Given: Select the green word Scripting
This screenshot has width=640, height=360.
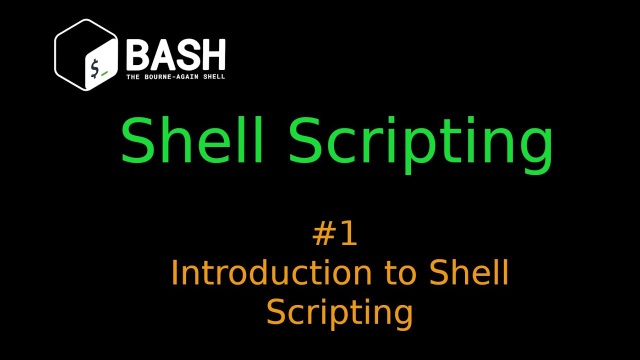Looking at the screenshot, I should tap(421, 142).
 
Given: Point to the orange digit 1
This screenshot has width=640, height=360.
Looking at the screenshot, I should tap(348, 234).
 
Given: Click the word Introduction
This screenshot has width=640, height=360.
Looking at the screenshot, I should tap(271, 273).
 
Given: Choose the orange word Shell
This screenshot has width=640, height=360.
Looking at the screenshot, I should tap(469, 273).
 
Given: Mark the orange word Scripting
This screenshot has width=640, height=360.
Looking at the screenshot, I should tap(339, 312).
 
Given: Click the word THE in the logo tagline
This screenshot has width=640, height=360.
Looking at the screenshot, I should tap(132, 77).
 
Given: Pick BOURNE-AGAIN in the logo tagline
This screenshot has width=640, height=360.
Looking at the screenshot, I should tap(169, 77).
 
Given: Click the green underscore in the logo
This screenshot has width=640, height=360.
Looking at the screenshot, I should tap(104, 73).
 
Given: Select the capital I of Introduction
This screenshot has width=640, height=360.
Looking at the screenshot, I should tap(175, 273).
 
